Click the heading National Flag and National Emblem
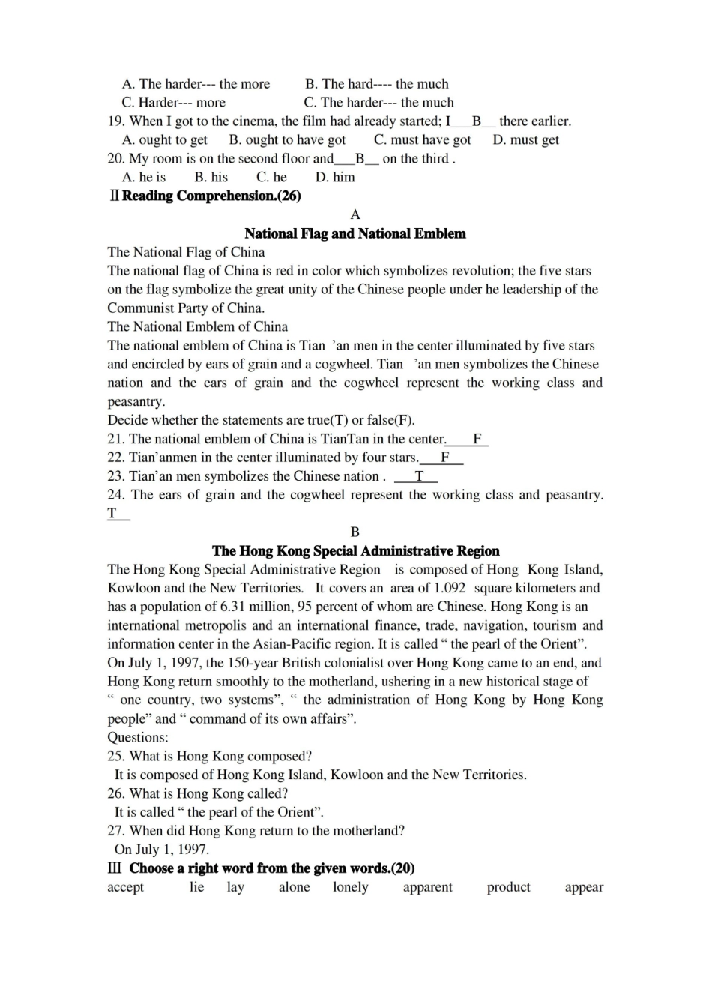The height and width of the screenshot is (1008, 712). pos(355,233)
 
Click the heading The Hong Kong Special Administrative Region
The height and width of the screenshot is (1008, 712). pos(355,550)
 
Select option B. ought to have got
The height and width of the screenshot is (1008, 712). pos(287,139)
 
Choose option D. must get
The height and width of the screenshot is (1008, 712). pos(525,139)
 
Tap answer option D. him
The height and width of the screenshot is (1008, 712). pos(335,177)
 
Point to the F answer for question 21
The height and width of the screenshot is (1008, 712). pos(477,439)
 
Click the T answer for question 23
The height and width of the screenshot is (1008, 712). pos(419,476)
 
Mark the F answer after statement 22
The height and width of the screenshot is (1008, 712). pos(444,457)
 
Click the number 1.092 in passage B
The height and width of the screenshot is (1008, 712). pos(450,588)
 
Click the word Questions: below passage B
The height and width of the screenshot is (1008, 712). pos(138,737)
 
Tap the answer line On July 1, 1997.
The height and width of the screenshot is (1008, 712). pos(161,850)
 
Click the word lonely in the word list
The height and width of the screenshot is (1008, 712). pos(351,887)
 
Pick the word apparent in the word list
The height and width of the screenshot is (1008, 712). pos(427,887)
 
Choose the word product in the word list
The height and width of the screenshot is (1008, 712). pos(508,887)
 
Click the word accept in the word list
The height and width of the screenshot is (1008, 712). pos(125,887)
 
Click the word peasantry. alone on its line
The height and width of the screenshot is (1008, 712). pos(136,401)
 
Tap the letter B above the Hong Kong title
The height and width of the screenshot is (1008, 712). pos(355,532)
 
